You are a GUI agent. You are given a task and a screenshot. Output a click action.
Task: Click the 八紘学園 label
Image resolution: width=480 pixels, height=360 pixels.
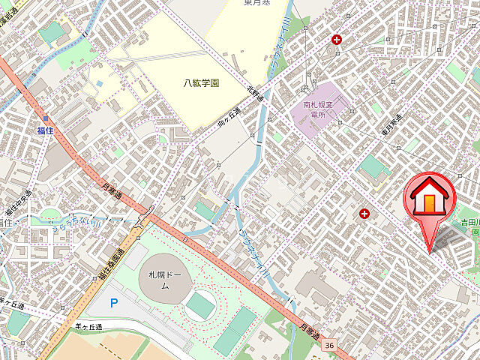click(202, 83)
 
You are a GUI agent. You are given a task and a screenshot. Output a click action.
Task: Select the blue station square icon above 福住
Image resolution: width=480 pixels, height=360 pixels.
click(46, 118)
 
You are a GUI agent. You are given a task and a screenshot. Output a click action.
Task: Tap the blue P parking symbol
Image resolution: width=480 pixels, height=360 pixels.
click(114, 303)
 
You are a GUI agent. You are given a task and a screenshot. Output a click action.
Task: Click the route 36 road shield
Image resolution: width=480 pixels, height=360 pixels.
click(330, 345)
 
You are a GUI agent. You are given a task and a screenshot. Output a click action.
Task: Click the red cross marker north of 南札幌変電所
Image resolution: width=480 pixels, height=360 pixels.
click(337, 39)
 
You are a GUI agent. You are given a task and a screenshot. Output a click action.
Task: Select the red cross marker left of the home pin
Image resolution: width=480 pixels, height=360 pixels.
click(364, 213)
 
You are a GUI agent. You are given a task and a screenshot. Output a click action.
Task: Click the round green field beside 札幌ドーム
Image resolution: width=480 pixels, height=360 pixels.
click(200, 305)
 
